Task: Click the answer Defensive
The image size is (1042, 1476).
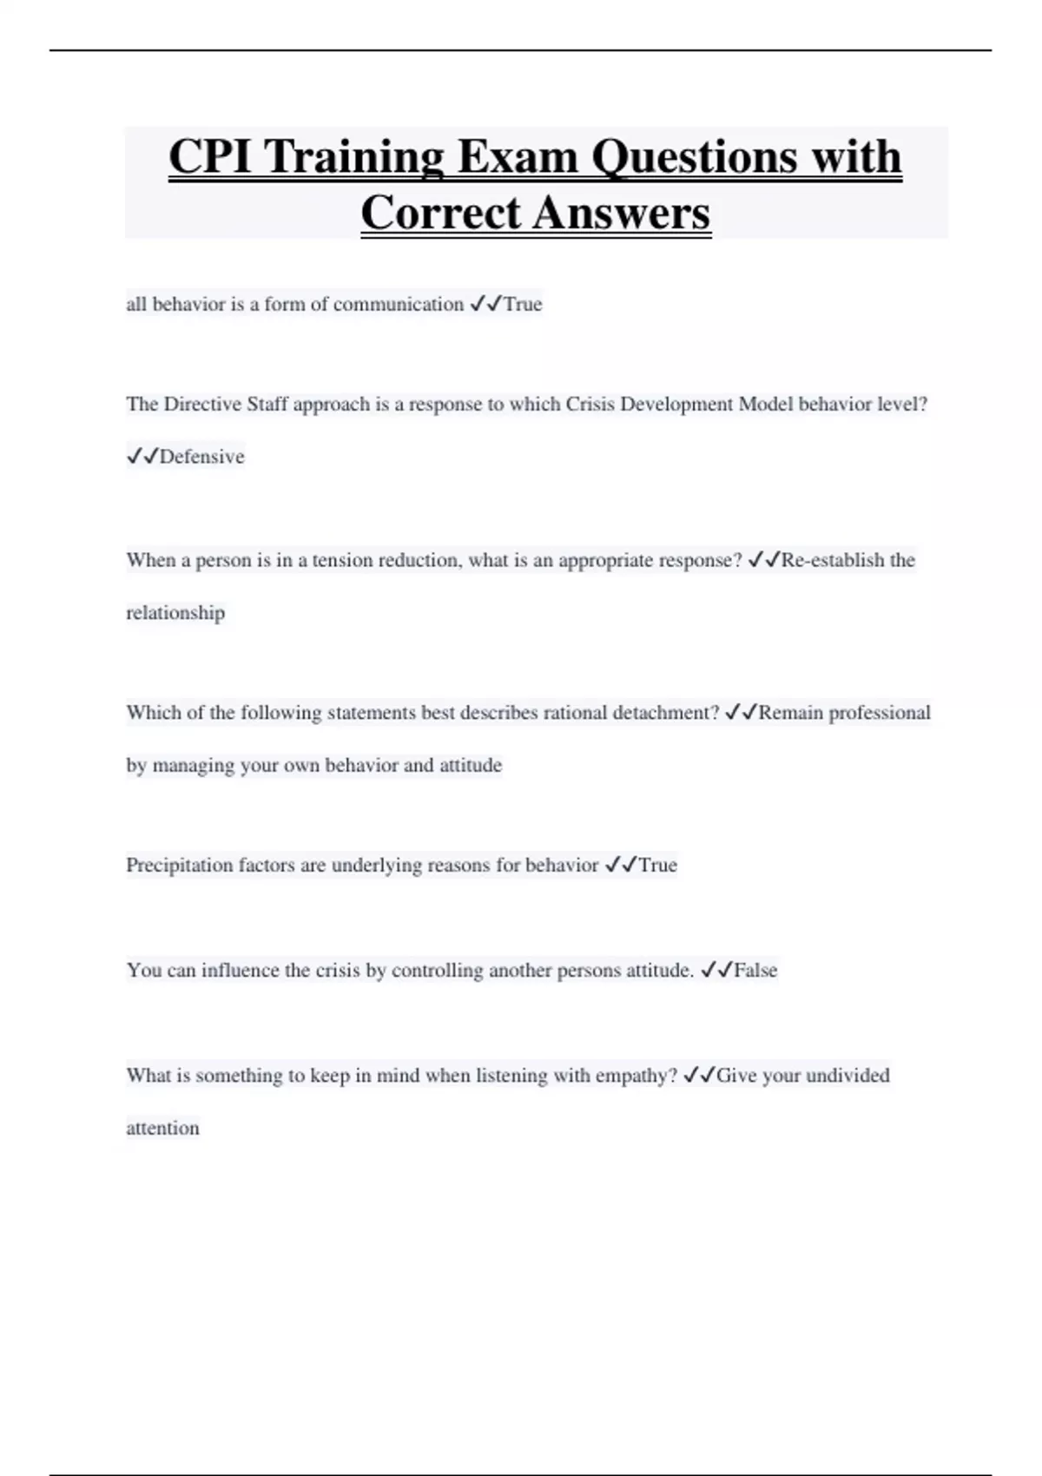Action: [x=201, y=457]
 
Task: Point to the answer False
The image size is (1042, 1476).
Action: [x=755, y=970]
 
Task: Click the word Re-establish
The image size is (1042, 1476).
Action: [x=833, y=560]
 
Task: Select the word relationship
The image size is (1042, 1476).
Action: [x=175, y=613]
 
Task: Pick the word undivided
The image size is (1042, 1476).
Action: [x=847, y=1075]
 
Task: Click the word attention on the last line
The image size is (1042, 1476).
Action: [x=162, y=1128]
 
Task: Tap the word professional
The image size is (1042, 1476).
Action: [x=879, y=713]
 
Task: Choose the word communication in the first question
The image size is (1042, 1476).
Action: [x=399, y=304]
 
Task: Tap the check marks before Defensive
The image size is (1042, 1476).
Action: [x=142, y=457]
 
